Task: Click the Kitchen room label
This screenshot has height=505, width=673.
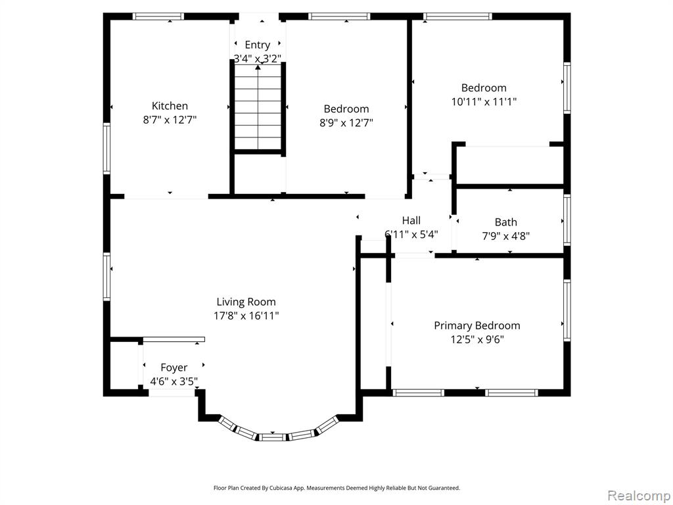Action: pos(170,106)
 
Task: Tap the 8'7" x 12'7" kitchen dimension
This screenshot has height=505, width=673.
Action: pos(170,120)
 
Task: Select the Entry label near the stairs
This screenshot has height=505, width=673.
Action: pos(257,45)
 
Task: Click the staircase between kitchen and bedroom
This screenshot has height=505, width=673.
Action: pos(258,107)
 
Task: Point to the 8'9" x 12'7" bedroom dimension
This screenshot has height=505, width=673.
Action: pos(346,123)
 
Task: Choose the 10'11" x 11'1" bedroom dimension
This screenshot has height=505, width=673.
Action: pos(484,102)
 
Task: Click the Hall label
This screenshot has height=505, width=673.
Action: pos(411,221)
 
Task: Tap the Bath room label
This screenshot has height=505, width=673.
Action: pos(505,222)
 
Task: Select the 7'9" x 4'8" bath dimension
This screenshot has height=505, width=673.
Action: pos(505,236)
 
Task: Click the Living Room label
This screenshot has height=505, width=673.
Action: pos(246,302)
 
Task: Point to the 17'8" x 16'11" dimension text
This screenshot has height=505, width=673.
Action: pos(246,316)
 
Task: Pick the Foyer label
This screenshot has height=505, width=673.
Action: pos(174,368)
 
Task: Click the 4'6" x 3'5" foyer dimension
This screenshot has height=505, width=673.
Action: pos(174,381)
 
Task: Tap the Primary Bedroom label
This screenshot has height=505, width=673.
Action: pos(477,325)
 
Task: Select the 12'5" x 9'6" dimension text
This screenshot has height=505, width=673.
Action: pos(477,340)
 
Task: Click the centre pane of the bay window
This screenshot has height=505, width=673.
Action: pos(273,437)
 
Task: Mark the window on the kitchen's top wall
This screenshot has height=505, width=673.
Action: pos(158,16)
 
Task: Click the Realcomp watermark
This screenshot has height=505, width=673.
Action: pos(639,496)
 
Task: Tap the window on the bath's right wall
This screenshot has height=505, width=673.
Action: pos(567,220)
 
